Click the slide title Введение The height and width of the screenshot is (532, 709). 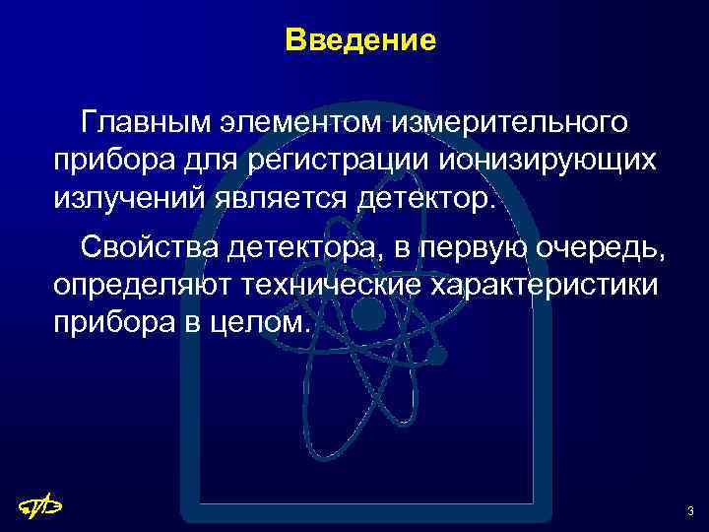coord(359,41)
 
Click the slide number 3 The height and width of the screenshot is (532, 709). coord(690,510)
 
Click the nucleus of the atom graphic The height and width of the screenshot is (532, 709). coord(367,314)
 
